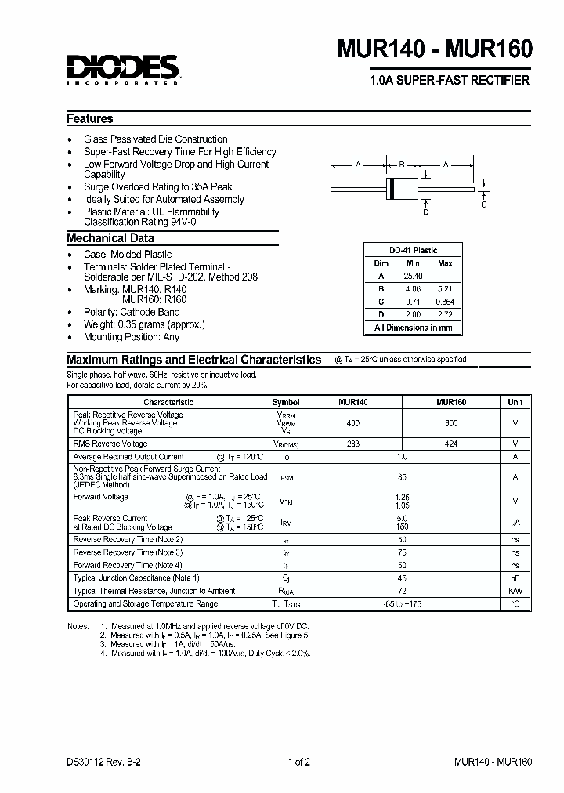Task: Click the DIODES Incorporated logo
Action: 123,68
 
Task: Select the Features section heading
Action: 90,119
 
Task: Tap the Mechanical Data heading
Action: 110,238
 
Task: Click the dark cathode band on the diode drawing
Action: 390,189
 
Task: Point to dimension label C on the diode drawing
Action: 484,205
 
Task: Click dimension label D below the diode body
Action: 426,212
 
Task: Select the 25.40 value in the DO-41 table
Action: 413,277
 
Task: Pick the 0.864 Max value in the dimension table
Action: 444,302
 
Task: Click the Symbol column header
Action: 286,402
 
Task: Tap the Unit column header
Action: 515,402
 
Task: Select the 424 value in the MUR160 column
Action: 451,444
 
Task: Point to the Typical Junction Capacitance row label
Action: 136,578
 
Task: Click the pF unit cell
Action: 515,578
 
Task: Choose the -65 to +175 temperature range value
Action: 402,604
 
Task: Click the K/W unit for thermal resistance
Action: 515,591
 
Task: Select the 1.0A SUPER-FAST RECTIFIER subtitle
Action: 449,81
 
